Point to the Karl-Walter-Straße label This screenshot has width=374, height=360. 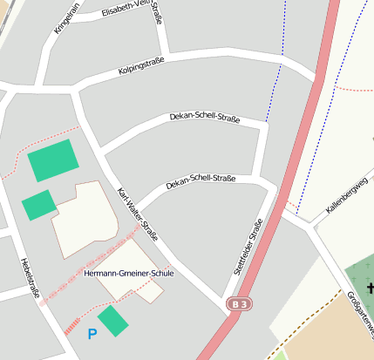tap(138, 214)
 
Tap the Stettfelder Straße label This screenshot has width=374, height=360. tap(248, 247)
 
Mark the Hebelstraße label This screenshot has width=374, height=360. tap(30, 276)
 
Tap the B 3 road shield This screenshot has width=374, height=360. tap(239, 303)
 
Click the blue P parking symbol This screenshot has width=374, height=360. tap(92, 333)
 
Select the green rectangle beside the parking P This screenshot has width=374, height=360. tap(113, 321)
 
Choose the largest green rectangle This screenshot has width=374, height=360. tap(53, 161)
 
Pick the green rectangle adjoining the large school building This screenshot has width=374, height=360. tap(38, 205)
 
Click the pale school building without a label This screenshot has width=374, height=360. tap(85, 218)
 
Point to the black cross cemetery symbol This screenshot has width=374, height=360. tap(370, 289)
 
